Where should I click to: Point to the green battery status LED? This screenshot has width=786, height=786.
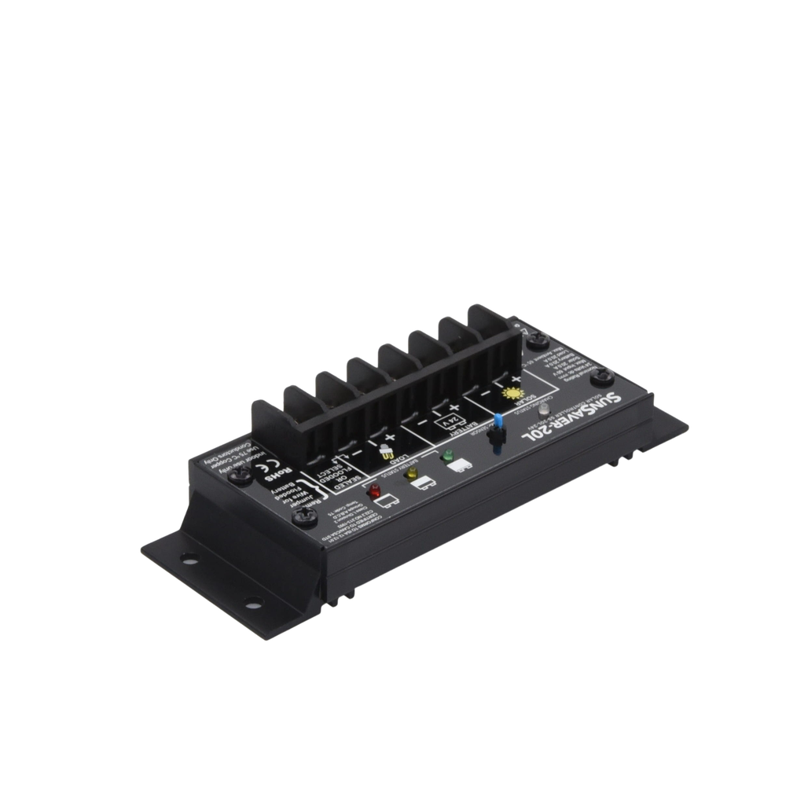tap(447, 455)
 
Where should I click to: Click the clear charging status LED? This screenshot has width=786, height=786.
tap(542, 408)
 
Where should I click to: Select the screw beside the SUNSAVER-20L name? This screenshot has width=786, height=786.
tap(604, 378)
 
